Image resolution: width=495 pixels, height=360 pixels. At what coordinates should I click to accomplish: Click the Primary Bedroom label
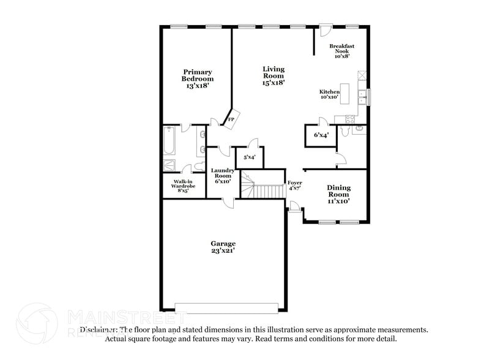[197, 79]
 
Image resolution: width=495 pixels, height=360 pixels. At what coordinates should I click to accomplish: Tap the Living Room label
[274, 76]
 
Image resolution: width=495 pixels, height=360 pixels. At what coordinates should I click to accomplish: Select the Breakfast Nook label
[342, 51]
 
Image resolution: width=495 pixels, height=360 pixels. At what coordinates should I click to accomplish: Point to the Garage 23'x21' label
[224, 247]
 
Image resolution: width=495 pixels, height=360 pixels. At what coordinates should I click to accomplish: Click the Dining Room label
[338, 194]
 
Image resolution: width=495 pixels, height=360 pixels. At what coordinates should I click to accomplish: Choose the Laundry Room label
[222, 176]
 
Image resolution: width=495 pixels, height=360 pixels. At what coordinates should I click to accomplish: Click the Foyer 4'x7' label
[294, 186]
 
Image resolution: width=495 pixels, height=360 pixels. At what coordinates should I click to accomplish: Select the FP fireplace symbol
[232, 119]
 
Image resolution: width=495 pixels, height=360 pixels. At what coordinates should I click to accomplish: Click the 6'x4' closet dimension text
[320, 135]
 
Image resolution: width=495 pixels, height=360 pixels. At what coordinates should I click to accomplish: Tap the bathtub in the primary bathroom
[169, 141]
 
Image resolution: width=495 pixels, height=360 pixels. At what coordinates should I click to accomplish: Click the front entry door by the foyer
[294, 212]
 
